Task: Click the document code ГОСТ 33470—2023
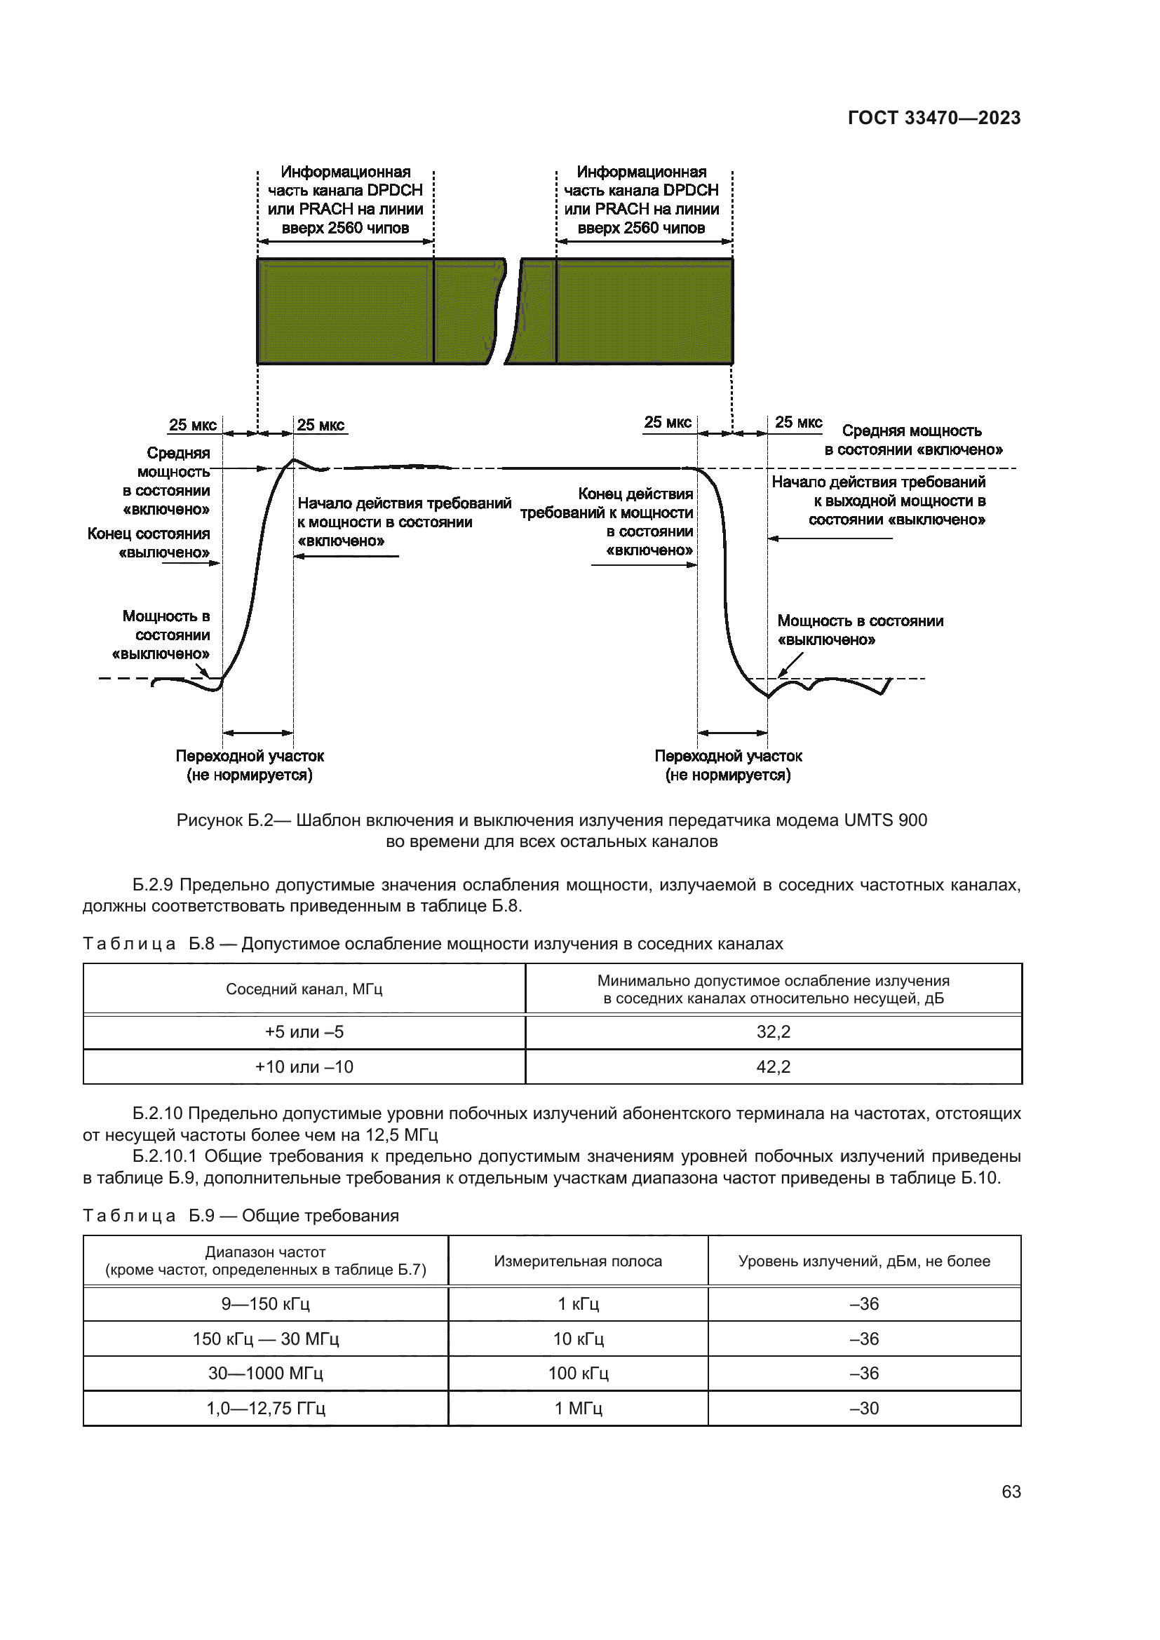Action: pos(933,118)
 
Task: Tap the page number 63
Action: pos(1011,1491)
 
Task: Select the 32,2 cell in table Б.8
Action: pos(773,1031)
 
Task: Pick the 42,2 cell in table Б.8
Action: pos(773,1066)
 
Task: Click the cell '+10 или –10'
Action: pos(304,1066)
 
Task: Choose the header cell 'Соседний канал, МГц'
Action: pos(304,989)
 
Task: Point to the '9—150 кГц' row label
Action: pos(266,1303)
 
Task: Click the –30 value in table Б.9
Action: pos(864,1408)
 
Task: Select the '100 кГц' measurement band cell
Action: pos(578,1373)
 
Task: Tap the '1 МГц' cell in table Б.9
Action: pos(578,1408)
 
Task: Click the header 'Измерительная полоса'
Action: pos(578,1261)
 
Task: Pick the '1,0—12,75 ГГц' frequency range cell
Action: pos(266,1408)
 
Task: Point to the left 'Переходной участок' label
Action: pos(250,756)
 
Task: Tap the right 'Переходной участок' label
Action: pos(728,756)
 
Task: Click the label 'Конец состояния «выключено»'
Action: pos(149,543)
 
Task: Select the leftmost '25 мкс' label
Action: pos(192,425)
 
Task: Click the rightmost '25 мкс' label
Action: pos(799,422)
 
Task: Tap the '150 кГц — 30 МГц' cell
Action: pos(266,1339)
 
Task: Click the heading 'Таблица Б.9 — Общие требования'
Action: pos(241,1215)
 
